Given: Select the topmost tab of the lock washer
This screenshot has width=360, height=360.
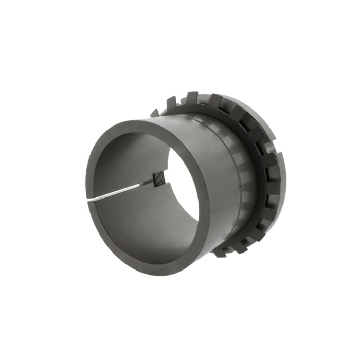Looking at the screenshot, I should coord(192,97).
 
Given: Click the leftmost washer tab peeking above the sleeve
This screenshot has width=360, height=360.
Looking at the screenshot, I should coord(155,112).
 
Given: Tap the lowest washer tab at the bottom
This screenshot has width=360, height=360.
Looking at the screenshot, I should coord(221,253).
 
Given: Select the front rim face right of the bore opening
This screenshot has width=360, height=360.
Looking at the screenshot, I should coord(204,201).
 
